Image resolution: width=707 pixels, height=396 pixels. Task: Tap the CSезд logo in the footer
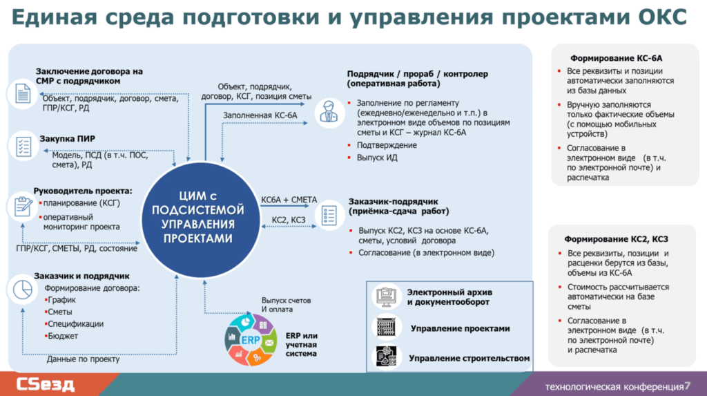tap(46, 384)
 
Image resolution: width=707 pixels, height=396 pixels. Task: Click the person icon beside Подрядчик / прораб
tap(328, 113)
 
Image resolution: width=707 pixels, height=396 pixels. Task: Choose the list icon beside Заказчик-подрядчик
tap(328, 213)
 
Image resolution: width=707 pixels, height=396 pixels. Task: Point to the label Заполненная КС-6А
tap(260, 115)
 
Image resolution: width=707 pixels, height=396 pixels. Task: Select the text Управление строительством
tap(469, 358)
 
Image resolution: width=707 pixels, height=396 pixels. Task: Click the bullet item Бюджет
tap(63, 336)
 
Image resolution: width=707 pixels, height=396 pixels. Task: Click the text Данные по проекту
tap(83, 359)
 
